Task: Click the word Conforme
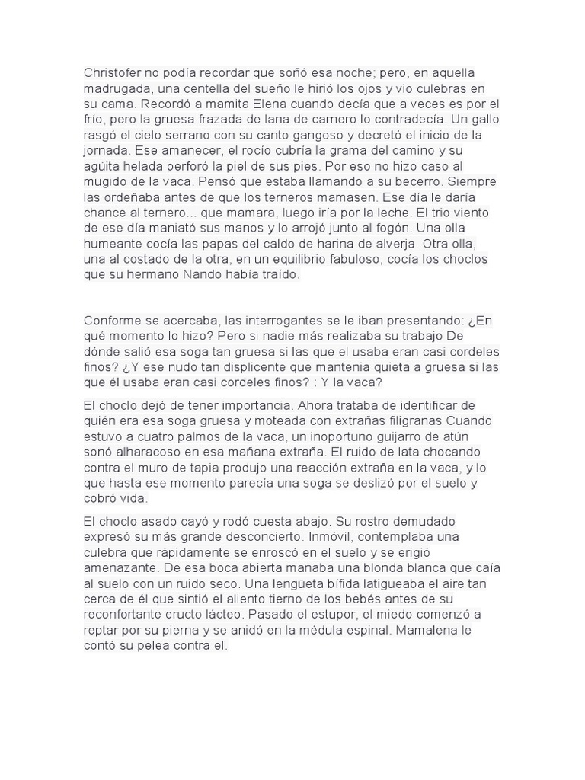(x=114, y=321)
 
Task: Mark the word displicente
(x=261, y=367)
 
